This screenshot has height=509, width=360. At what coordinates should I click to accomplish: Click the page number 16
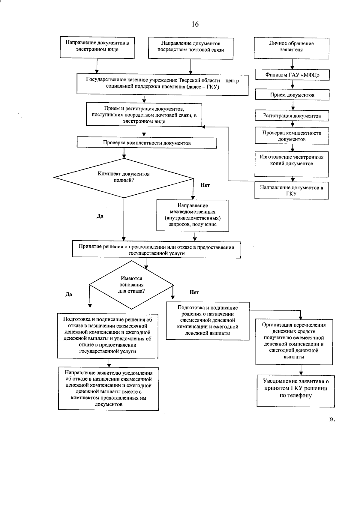coord(195,24)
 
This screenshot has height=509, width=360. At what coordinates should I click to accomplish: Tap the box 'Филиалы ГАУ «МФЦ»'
coord(292,75)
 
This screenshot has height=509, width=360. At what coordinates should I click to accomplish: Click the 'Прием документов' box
coord(292,95)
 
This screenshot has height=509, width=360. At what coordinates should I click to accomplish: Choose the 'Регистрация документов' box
coord(292,116)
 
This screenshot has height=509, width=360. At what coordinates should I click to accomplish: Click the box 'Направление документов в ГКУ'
coord(292,190)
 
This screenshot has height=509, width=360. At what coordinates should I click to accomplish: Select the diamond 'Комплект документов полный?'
coord(124,178)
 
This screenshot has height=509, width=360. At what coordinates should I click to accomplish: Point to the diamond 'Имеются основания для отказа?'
coord(131,285)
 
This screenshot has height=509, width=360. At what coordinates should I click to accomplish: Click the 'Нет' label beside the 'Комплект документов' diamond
coord(205,185)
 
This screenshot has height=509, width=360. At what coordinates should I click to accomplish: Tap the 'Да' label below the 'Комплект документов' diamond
coord(100,216)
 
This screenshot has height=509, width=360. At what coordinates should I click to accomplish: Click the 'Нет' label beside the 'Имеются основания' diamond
coord(194,292)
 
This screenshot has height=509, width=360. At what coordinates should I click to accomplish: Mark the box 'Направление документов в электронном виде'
coord(97,47)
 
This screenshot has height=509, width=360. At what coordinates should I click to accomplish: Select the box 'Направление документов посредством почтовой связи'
coord(191,48)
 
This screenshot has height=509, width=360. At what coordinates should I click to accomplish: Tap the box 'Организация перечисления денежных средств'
coord(294,341)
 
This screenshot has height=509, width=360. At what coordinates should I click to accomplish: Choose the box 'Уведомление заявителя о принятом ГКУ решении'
coord(295,391)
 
